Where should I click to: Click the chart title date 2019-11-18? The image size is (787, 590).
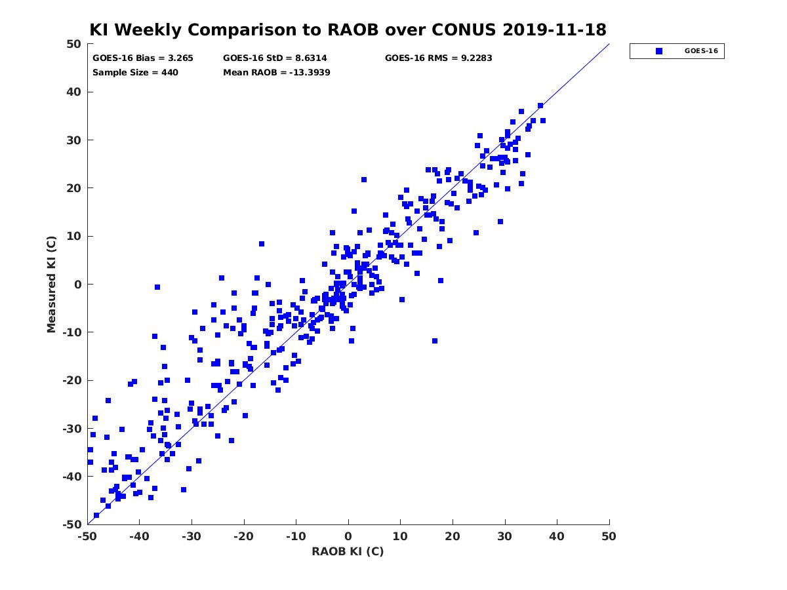(x=554, y=29)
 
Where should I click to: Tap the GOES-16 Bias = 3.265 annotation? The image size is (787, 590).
(x=143, y=58)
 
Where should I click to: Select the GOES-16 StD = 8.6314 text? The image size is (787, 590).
(x=275, y=58)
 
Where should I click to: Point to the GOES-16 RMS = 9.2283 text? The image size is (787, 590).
(x=438, y=58)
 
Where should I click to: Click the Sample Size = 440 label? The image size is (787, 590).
(x=135, y=73)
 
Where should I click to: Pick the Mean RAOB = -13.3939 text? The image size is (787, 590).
(x=277, y=73)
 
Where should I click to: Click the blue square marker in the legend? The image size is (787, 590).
(x=659, y=51)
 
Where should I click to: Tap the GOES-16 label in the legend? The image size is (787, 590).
(x=701, y=51)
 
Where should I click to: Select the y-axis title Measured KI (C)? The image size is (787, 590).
(x=51, y=284)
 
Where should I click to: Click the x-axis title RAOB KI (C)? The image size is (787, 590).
(x=348, y=551)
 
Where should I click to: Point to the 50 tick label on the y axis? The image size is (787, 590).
(x=74, y=44)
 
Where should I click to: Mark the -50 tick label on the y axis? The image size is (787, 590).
(x=72, y=524)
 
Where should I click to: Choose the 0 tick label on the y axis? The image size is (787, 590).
(x=78, y=285)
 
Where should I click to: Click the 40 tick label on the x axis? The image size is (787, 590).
(x=556, y=536)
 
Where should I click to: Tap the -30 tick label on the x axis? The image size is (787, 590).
(x=191, y=536)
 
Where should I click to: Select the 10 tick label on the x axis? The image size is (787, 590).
(x=400, y=536)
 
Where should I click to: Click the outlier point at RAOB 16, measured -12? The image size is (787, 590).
(x=435, y=341)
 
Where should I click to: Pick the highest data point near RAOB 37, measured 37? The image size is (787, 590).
(x=540, y=106)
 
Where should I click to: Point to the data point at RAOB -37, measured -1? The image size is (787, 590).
(x=157, y=287)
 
